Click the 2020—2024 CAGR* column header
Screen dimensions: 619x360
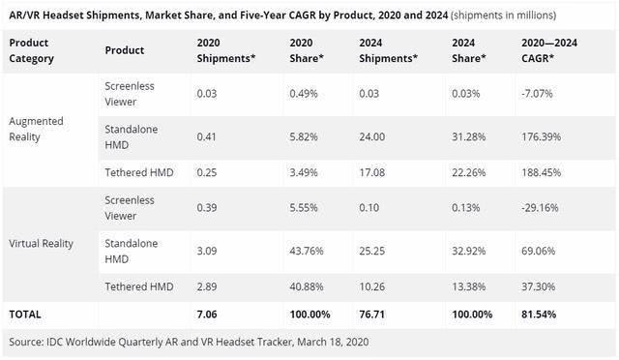coord(549,50)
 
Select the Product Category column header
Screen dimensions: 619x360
coord(31,50)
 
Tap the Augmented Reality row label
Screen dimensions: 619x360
coord(36,129)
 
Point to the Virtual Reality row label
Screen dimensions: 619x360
coord(41,244)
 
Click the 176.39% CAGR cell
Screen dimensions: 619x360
coord(541,136)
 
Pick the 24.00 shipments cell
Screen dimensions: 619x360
coord(371,136)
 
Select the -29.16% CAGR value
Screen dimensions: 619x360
coord(540,207)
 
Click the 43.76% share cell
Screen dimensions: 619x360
coord(307,251)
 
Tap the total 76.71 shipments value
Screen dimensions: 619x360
coord(371,315)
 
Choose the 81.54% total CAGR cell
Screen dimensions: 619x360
coord(539,315)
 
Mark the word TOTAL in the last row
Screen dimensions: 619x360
coord(25,315)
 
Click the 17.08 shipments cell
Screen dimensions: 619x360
coord(371,172)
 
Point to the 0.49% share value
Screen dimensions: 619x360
coord(304,94)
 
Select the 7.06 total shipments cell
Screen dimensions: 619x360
coord(207,315)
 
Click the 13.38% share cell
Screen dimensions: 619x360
coord(468,286)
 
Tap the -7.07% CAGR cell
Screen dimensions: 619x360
coord(537,94)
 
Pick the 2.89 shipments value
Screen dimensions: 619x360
coord(207,286)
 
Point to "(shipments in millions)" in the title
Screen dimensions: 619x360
coord(503,15)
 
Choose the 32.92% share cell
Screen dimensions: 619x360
coord(468,251)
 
